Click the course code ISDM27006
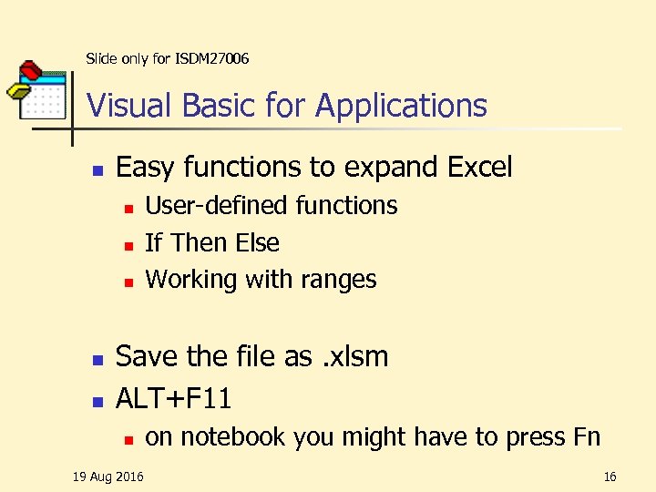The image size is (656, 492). coord(210,59)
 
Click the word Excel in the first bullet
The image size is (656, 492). coord(480,168)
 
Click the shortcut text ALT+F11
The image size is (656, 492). coord(173,398)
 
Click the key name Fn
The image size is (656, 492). coord(587,437)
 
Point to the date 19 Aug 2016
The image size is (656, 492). coord(108,477)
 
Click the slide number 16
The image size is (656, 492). coord(610,477)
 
